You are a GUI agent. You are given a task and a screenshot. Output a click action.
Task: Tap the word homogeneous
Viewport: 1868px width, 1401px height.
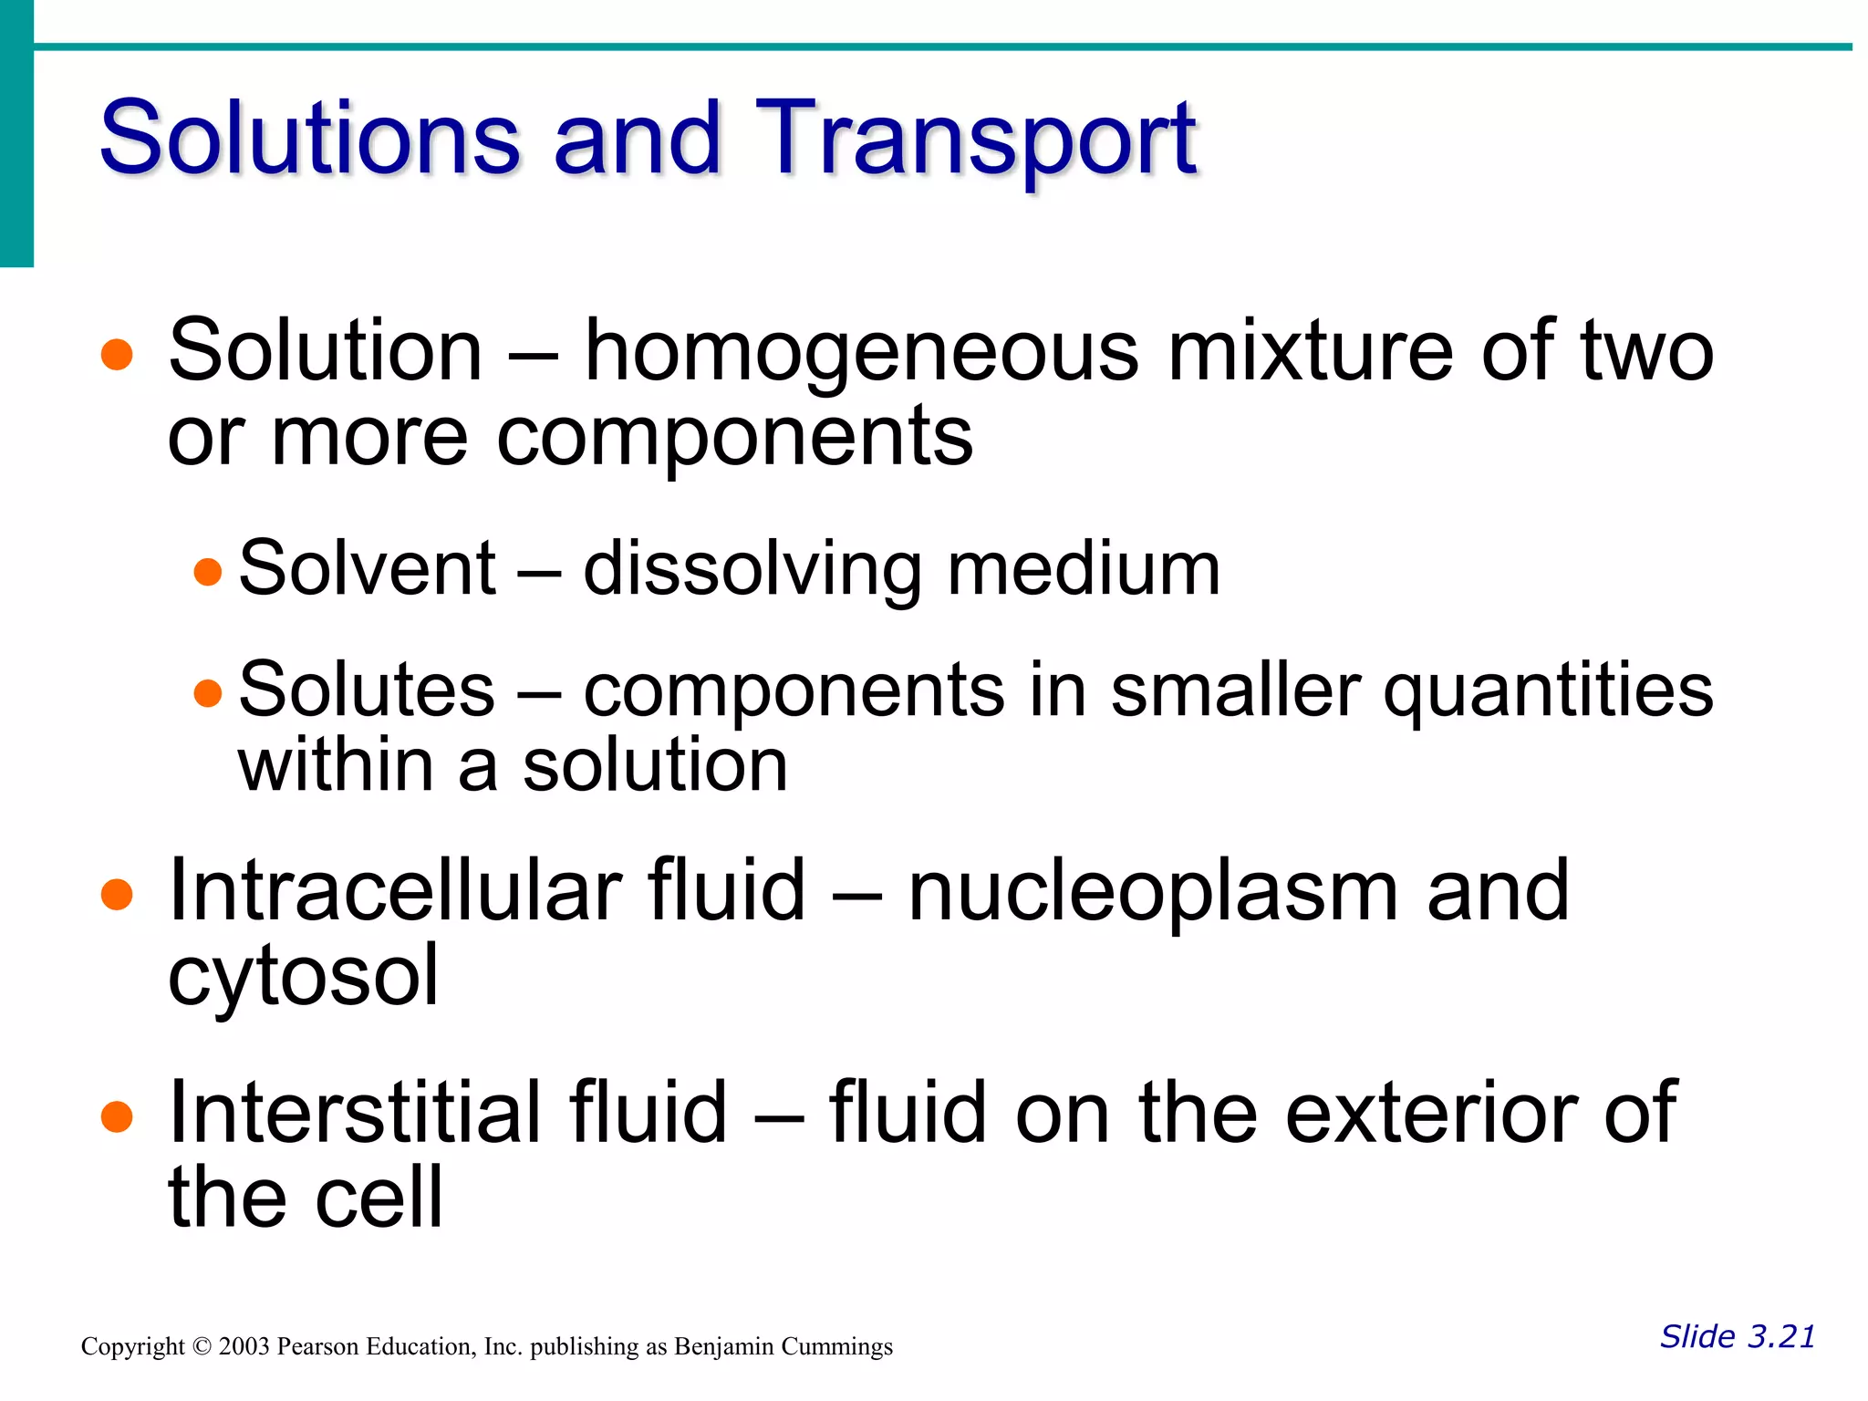click(861, 352)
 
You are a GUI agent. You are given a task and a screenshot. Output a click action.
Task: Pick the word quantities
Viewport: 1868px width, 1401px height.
click(1548, 691)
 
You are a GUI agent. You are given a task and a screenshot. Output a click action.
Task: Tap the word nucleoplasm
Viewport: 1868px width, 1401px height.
click(1153, 892)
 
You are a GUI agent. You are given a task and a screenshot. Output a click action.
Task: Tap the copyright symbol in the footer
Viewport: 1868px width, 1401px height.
click(202, 1347)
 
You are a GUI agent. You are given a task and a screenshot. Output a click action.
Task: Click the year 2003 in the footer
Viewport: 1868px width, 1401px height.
click(244, 1347)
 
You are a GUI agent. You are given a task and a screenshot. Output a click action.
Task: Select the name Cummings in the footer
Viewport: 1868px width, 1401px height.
click(836, 1347)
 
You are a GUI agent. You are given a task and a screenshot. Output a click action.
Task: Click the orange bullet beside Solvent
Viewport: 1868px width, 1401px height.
click(209, 572)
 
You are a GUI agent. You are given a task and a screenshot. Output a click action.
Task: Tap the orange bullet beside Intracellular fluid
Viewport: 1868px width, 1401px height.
click(117, 895)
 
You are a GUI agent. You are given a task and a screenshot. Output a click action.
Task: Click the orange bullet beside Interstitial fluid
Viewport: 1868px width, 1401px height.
click(117, 1116)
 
